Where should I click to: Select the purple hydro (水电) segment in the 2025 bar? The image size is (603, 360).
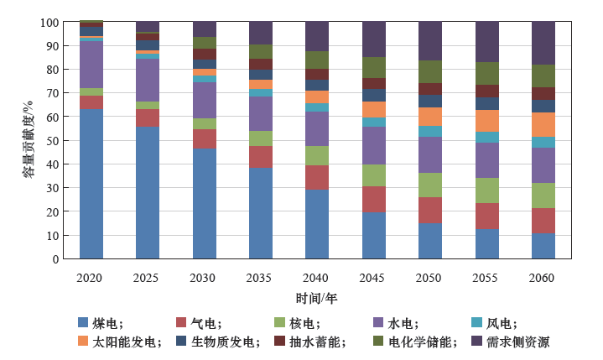[x=148, y=80]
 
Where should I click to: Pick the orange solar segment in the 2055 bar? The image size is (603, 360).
[x=487, y=121]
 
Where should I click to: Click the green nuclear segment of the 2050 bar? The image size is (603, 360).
[x=430, y=185]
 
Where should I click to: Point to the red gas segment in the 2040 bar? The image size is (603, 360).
[x=317, y=177]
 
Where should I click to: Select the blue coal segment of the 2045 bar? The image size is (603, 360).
[x=374, y=235]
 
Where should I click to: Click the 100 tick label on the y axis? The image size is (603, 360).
[x=56, y=23]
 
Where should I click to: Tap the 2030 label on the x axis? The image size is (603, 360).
[x=204, y=276]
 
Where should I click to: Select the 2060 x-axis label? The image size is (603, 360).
[x=543, y=276]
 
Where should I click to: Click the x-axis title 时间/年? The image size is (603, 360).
[x=316, y=298]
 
